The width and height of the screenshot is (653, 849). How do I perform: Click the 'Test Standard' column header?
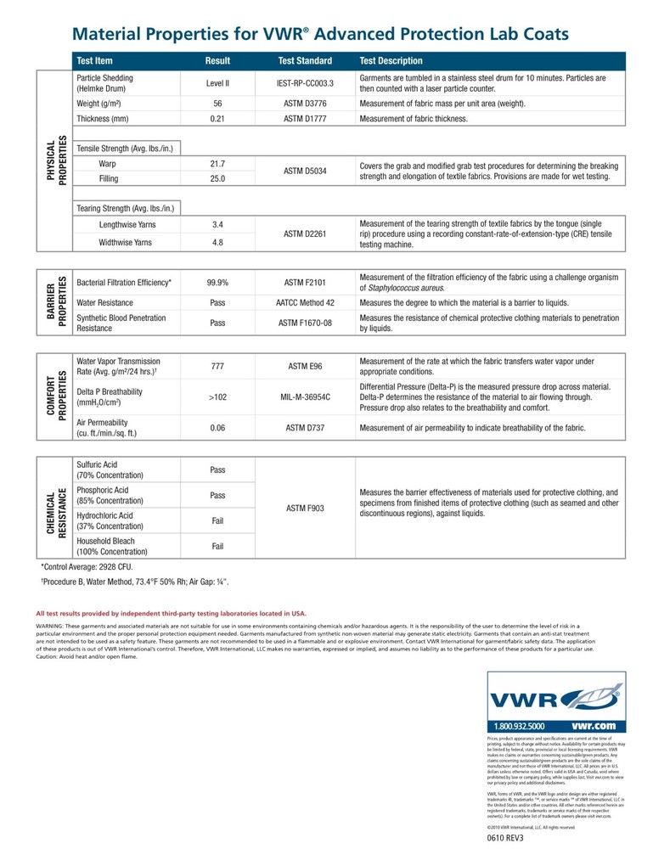[305, 61]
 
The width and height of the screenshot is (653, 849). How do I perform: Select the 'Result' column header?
[217, 61]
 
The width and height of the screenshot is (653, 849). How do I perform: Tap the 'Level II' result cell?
[217, 83]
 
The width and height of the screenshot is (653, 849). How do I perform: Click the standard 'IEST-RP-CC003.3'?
[306, 83]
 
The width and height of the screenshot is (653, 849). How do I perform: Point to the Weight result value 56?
[217, 104]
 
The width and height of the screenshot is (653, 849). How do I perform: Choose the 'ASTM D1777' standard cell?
[306, 119]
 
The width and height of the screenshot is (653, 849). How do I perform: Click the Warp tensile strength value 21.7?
[217, 163]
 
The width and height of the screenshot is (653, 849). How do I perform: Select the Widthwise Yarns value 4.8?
[217, 242]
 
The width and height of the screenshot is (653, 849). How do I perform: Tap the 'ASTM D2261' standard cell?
[306, 233]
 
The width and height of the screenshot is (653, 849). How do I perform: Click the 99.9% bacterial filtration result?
[217, 282]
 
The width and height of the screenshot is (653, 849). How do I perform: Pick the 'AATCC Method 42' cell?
[306, 302]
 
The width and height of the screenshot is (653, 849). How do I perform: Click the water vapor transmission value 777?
[217, 366]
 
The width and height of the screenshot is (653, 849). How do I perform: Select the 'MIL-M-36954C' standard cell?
[306, 396]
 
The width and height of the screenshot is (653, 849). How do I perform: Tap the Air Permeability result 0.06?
[217, 428]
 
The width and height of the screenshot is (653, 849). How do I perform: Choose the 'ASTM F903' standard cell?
[306, 508]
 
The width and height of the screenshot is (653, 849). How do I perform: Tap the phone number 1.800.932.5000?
[520, 727]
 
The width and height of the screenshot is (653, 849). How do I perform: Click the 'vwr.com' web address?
[594, 727]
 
